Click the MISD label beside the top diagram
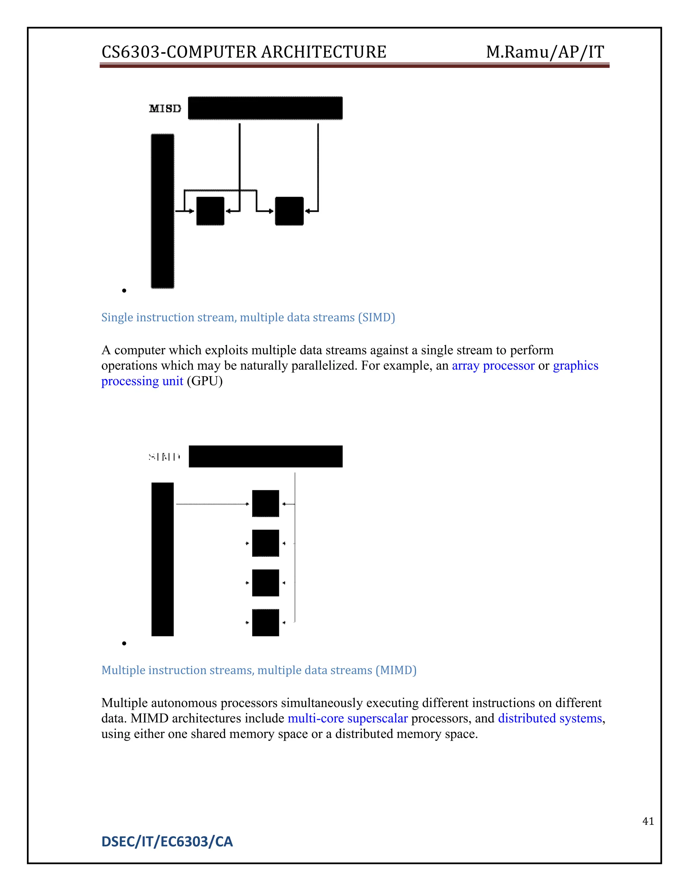[165, 109]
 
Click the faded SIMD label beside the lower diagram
[165, 457]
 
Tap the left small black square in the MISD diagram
[210, 211]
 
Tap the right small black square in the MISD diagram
[289, 211]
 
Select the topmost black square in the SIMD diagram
[265, 503]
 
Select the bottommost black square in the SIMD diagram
[265, 623]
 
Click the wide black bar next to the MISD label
[265, 108]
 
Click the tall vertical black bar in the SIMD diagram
[162, 559]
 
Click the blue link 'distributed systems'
[550, 718]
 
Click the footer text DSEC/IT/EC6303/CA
[167, 842]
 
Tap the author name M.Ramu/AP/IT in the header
[545, 52]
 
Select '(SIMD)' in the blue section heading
[376, 317]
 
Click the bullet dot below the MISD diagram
[124, 290]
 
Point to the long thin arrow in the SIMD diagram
[212, 504]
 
